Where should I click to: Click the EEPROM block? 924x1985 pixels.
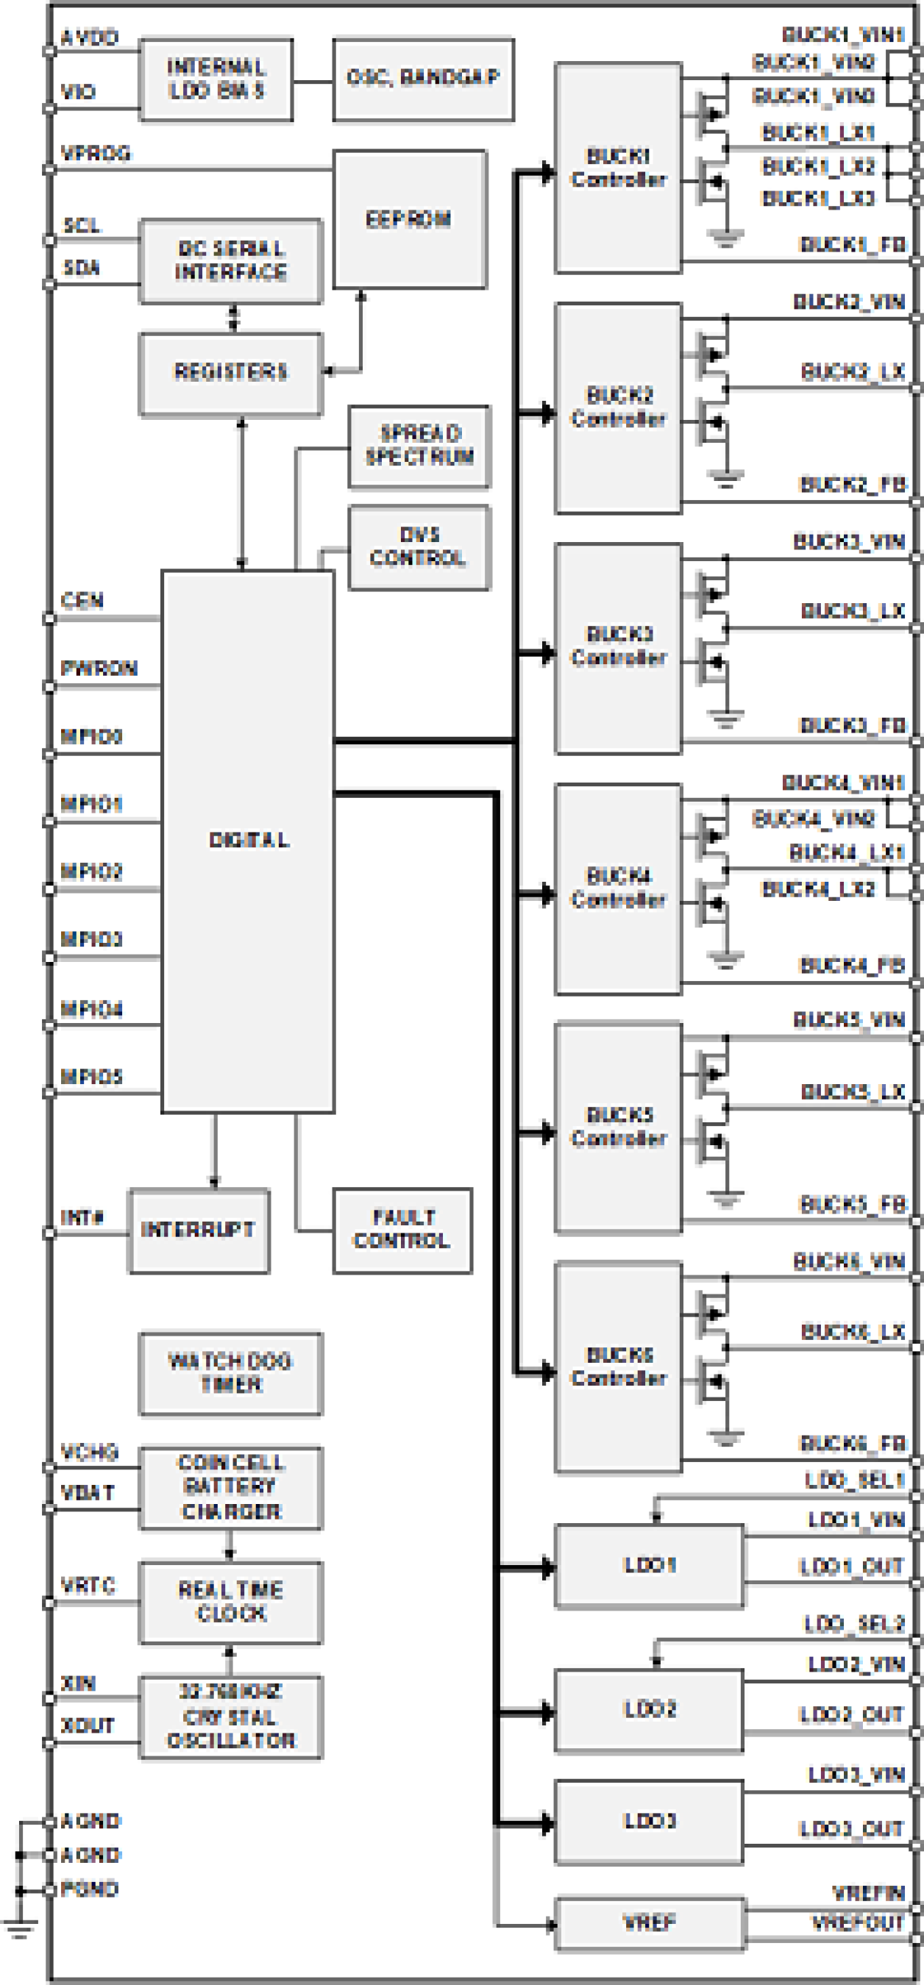pyautogui.click(x=409, y=220)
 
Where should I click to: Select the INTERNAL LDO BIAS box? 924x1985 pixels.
pyautogui.click(x=216, y=79)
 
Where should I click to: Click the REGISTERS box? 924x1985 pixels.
pyautogui.click(x=230, y=374)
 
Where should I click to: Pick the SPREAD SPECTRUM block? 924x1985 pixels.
pyautogui.click(x=419, y=447)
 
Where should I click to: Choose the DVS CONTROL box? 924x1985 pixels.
pyautogui.click(x=419, y=547)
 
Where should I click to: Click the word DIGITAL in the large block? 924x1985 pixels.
pyautogui.click(x=248, y=840)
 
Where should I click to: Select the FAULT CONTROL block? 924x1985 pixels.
pyautogui.click(x=402, y=1230)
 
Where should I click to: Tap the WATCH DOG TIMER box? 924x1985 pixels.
pyautogui.click(x=230, y=1374)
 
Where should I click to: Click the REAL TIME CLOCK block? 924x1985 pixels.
pyautogui.click(x=230, y=1602)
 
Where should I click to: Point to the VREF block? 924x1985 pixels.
pyautogui.click(x=650, y=1923)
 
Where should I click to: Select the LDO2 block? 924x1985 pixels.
pyautogui.click(x=650, y=1711)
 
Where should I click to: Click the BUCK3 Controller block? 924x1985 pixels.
pyautogui.click(x=618, y=647)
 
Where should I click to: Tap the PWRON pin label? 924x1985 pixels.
pyautogui.click(x=99, y=668)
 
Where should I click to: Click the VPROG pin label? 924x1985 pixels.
pyautogui.click(x=96, y=154)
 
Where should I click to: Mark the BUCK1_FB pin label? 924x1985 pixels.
pyautogui.click(x=853, y=245)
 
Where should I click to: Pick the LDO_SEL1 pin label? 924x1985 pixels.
pyautogui.click(x=853, y=1481)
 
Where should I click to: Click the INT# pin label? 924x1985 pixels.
pyautogui.click(x=82, y=1217)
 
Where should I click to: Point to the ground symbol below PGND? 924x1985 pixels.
pyautogui.click(x=19, y=1930)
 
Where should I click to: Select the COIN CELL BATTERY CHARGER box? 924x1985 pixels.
pyautogui.click(x=230, y=1488)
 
